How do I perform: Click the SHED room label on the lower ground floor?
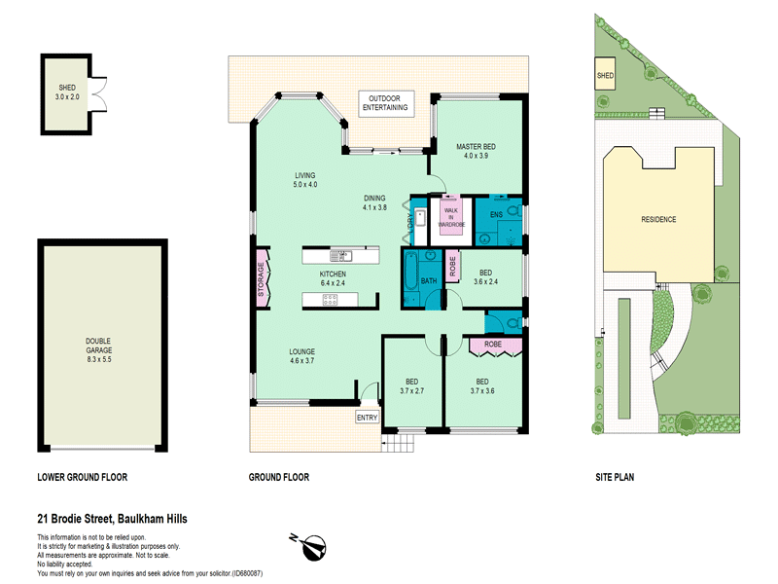pos(67,88)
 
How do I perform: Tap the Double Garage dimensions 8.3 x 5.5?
pos(99,359)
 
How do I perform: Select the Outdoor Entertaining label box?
pos(385,103)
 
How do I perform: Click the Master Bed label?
pos(476,147)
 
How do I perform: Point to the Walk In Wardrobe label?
pos(451,217)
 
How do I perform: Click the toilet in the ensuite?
pos(515,212)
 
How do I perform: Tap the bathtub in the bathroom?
pos(410,272)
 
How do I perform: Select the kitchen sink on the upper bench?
pos(341,256)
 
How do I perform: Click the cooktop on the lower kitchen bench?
pos(330,300)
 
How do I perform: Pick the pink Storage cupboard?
pos(263,279)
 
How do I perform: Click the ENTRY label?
pos(368,418)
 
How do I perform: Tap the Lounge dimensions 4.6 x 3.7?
pos(301,361)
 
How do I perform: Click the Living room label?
pos(305,175)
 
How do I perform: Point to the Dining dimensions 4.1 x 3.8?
pos(374,207)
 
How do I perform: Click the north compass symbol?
pos(309,547)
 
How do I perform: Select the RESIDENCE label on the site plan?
pos(658,219)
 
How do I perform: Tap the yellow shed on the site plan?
pos(605,74)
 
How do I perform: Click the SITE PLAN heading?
pos(615,477)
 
